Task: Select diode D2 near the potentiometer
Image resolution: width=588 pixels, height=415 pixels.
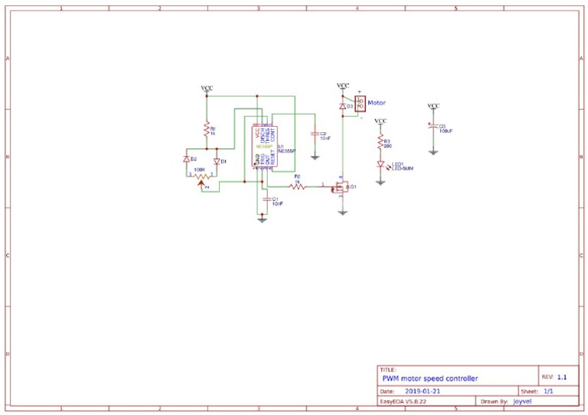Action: pyautogui.click(x=186, y=160)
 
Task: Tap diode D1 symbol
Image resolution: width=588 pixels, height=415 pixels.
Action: pyautogui.click(x=217, y=161)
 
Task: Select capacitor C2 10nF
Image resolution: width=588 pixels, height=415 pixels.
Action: pyautogui.click(x=315, y=135)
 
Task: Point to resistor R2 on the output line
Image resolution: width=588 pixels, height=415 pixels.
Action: pyautogui.click(x=297, y=186)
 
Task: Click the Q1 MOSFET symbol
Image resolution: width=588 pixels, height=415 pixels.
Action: pyautogui.click(x=341, y=186)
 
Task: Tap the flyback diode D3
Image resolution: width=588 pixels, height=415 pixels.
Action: pyautogui.click(x=342, y=106)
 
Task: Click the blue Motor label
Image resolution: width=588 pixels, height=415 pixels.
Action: pyautogui.click(x=377, y=102)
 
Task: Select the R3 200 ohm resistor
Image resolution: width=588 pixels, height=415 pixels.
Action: pyautogui.click(x=380, y=142)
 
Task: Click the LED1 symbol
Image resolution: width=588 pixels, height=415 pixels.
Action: pyautogui.click(x=380, y=164)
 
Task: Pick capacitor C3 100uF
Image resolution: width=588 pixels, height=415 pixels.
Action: pyautogui.click(x=433, y=128)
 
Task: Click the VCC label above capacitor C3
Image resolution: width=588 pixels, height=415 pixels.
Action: pyautogui.click(x=433, y=105)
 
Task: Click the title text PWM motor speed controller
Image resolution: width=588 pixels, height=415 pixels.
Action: pyautogui.click(x=430, y=378)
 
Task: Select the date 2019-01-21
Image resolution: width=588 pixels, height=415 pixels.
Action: pyautogui.click(x=423, y=391)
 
